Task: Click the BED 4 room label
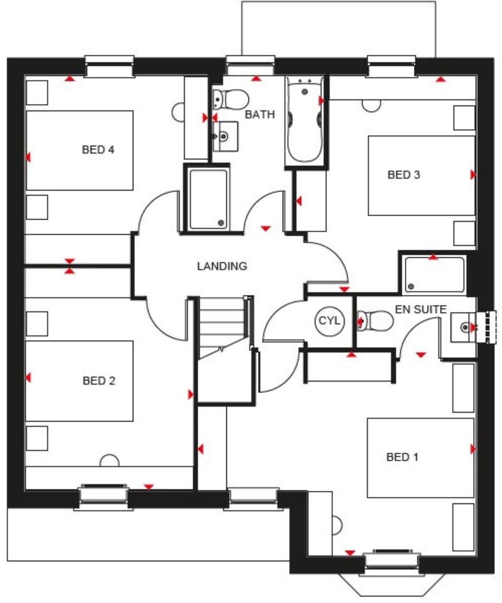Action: (x=98, y=150)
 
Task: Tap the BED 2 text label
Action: (x=99, y=381)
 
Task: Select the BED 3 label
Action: (x=404, y=175)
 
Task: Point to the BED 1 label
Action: (x=402, y=457)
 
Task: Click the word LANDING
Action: (x=222, y=266)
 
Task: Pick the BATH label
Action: (x=260, y=114)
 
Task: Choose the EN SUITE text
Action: (x=420, y=309)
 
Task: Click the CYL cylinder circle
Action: (x=329, y=320)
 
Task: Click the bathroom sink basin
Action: (x=225, y=136)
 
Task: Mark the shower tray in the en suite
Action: (x=434, y=274)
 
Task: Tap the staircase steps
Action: (x=221, y=324)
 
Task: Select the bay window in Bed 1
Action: (x=391, y=578)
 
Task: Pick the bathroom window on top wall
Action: (x=250, y=66)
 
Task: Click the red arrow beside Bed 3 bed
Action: (x=473, y=175)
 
